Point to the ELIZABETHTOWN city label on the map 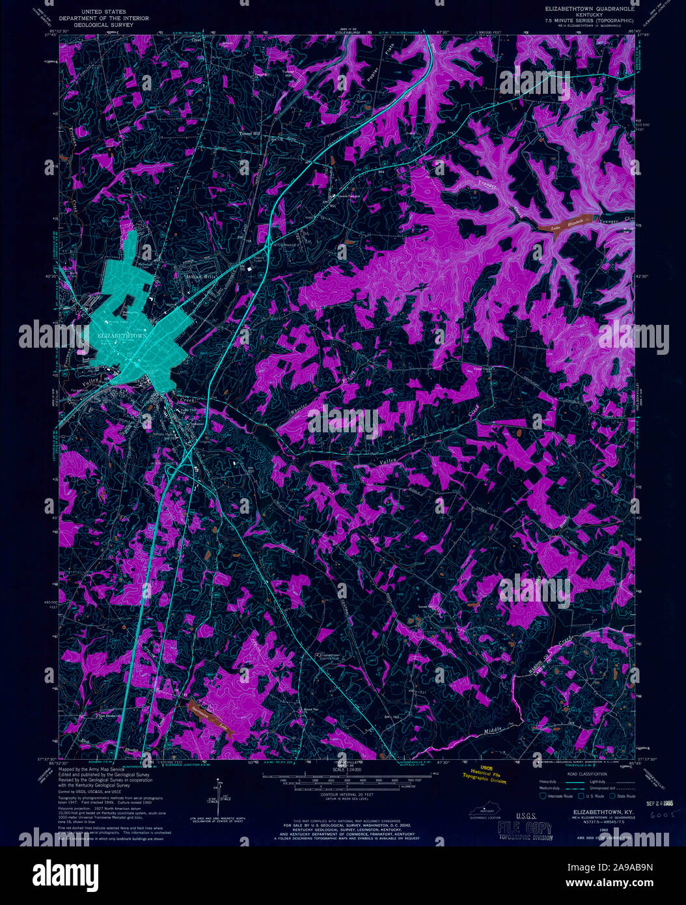(123, 335)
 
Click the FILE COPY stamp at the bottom (524, 829)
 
